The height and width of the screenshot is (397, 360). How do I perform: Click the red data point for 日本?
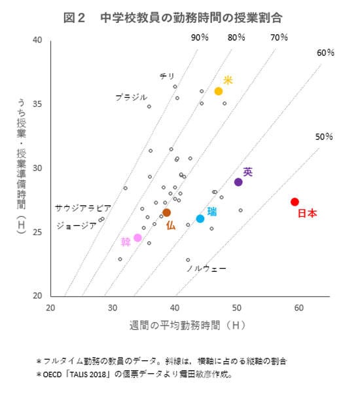295,202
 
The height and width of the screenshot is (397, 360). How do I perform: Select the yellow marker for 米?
219,91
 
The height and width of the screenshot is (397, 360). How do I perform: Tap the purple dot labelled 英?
238,182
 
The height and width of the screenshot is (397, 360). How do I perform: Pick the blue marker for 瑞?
200,219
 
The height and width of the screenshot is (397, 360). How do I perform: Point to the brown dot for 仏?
167,213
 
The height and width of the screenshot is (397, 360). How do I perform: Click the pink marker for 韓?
137,238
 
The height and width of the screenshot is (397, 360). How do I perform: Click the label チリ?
167,77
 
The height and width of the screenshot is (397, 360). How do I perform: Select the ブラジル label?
131,97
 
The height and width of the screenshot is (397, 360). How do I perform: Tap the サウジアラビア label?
82,208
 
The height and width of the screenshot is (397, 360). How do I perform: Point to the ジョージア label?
77,225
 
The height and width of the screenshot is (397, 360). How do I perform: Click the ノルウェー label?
206,269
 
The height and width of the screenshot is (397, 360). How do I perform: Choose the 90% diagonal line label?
200,37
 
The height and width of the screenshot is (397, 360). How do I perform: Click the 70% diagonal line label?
279,37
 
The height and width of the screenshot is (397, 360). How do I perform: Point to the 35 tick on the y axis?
37,104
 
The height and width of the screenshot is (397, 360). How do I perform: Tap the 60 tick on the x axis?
298,308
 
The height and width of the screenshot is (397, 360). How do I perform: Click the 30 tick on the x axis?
113,308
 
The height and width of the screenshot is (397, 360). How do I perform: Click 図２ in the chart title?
75,18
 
